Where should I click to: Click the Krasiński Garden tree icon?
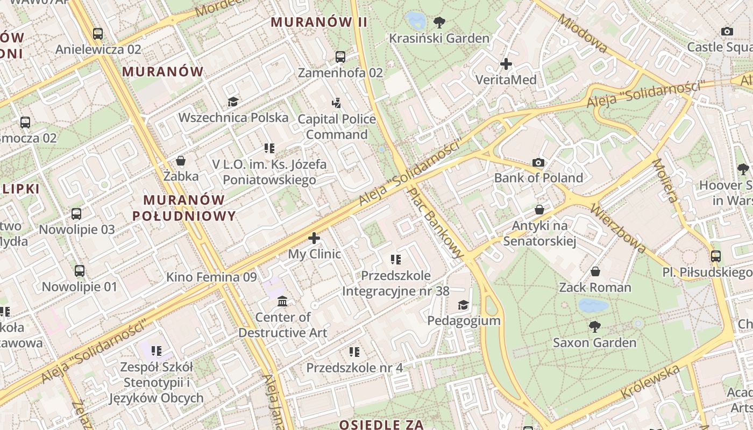coord(439,23)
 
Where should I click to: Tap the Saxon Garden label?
coord(594,342)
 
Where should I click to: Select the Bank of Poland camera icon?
coord(538,162)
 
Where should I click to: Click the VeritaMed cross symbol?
coord(506,64)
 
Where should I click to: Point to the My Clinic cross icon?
coord(314,238)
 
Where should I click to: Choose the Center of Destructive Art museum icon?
coord(282,302)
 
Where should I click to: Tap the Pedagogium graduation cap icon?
coord(463,305)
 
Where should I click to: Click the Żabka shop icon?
coord(181,161)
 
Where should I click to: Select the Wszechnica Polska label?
coord(233,117)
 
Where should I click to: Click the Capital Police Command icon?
coord(337,103)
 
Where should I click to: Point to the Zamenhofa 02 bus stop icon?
coord(340,56)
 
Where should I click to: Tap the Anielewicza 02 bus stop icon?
coord(97,34)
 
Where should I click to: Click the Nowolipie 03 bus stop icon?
coord(76,214)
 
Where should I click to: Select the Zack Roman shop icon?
coord(595,271)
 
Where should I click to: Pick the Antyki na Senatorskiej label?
coord(539,233)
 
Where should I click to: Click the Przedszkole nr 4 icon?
coord(354,352)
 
